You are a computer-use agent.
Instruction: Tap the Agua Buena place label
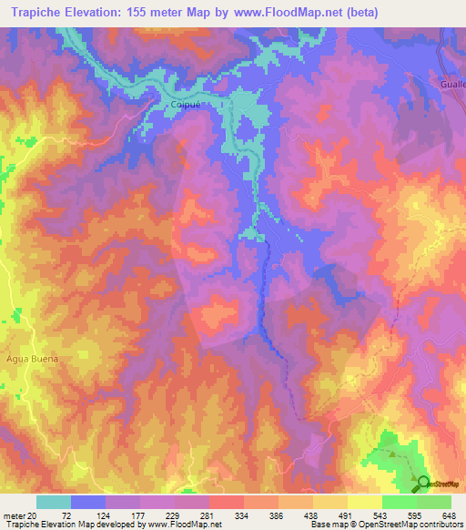[x=31, y=359]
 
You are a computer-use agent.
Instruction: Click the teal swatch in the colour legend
[x=53, y=502]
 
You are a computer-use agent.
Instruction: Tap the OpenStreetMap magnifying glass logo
[x=422, y=482]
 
